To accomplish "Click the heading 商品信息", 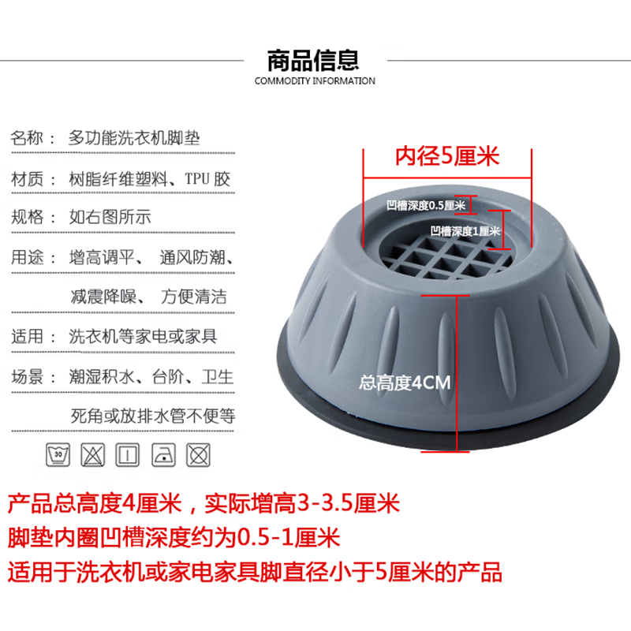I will click(314, 59).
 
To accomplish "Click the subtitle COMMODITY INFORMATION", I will click(315, 80).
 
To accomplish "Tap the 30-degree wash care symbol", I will click(58, 454).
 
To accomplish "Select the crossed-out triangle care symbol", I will click(93, 454).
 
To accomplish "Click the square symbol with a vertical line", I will click(127, 454).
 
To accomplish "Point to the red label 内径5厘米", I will click(447, 156).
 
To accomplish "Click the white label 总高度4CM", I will click(404, 383).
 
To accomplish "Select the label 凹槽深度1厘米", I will click(465, 231).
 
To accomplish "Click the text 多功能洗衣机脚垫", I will click(134, 137).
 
